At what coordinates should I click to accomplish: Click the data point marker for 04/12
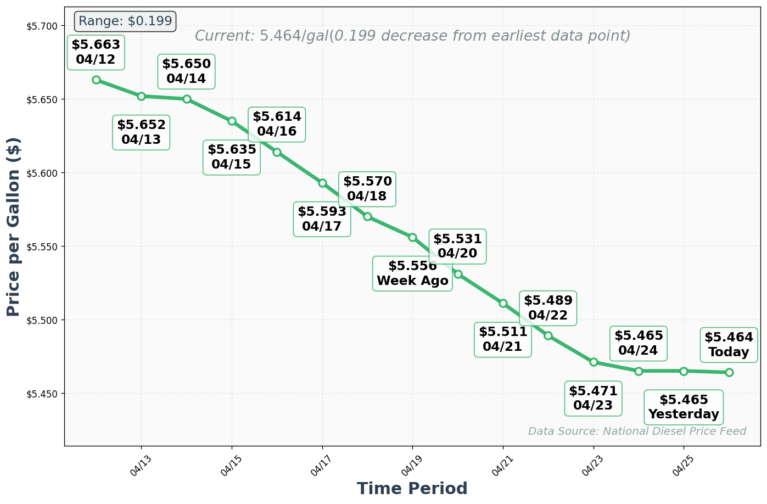(96, 80)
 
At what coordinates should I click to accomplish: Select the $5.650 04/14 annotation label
(186, 71)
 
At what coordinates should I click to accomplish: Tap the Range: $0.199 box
(125, 21)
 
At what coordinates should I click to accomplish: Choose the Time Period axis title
(412, 488)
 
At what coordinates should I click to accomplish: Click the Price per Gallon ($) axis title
(14, 227)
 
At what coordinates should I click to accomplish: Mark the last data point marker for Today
(729, 372)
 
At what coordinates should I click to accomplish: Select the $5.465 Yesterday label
(684, 407)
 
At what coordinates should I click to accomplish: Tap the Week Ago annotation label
(412, 273)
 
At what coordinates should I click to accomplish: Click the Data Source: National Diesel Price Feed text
(637, 431)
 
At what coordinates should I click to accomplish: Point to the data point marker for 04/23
(594, 362)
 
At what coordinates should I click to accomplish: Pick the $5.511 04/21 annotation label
(503, 339)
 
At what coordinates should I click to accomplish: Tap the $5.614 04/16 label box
(277, 124)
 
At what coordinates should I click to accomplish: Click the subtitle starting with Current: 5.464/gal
(412, 36)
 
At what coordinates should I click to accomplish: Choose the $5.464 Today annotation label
(729, 345)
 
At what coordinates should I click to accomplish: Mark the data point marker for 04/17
(322, 183)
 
